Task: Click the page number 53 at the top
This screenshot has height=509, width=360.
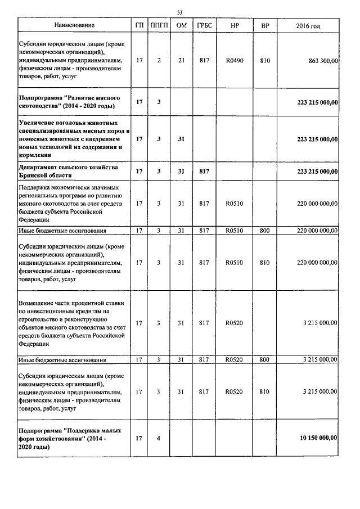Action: (179, 12)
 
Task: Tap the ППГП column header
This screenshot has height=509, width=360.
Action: (159, 26)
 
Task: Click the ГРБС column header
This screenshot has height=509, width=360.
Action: (204, 26)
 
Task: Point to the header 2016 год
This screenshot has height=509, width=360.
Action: (308, 26)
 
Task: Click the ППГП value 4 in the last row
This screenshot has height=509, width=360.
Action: (159, 438)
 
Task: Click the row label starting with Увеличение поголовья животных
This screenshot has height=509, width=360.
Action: (73, 138)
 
